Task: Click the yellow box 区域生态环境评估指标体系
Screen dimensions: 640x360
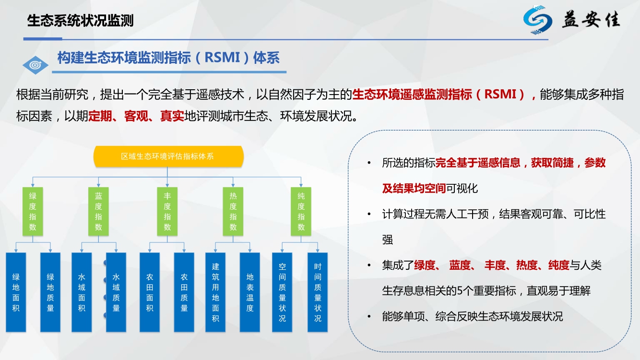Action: click(168, 156)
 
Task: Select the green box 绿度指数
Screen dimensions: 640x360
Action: click(33, 211)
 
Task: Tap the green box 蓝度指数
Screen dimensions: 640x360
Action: click(98, 211)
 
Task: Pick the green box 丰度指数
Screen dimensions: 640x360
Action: click(167, 211)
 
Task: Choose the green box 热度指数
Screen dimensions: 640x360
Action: click(233, 211)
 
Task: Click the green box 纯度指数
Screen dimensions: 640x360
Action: click(301, 211)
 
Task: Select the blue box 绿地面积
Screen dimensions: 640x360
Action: click(16, 292)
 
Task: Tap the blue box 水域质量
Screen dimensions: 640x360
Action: click(116, 292)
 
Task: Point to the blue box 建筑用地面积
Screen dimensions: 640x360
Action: click(215, 292)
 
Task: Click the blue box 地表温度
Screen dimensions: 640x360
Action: click(249, 292)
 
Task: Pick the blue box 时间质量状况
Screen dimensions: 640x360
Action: click(318, 292)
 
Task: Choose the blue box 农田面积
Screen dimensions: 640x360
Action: click(150, 292)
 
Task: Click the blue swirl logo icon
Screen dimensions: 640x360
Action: click(537, 20)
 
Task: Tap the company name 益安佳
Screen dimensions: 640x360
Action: click(592, 20)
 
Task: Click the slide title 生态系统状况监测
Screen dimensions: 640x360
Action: click(80, 21)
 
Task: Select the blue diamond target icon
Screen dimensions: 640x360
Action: click(36, 65)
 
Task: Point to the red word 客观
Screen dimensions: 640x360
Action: click(136, 116)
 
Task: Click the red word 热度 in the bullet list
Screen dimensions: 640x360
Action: click(527, 265)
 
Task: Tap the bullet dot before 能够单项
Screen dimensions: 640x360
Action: click(369, 316)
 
